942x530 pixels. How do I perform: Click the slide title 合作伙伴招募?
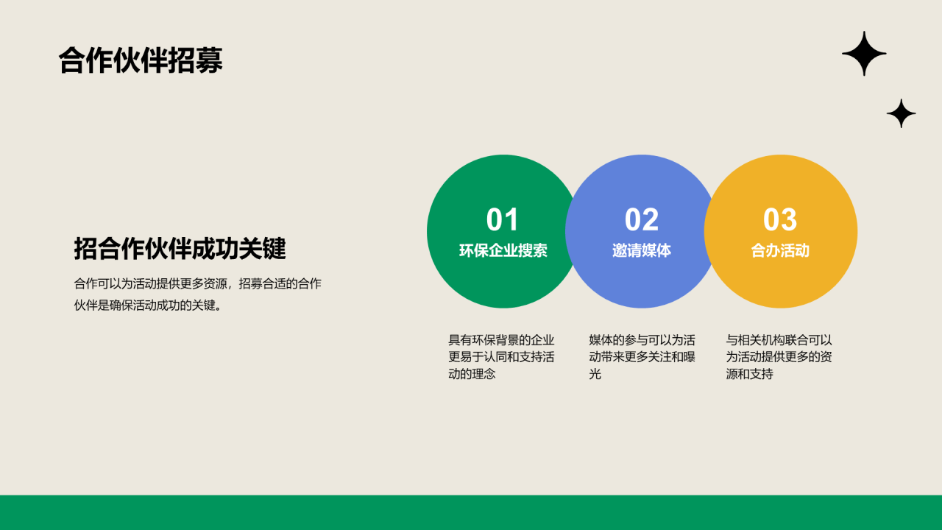pyautogui.click(x=141, y=61)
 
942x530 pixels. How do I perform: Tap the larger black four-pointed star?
pyautogui.click(x=864, y=54)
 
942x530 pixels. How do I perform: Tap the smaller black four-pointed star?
pyautogui.click(x=901, y=113)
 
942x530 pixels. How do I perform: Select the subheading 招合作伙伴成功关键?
pyautogui.click(x=180, y=249)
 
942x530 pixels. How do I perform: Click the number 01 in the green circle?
pyautogui.click(x=503, y=220)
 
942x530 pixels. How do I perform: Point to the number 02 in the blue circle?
pyautogui.click(x=642, y=220)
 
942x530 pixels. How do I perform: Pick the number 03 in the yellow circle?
pyautogui.click(x=780, y=220)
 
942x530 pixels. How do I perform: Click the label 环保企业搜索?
pyautogui.click(x=503, y=250)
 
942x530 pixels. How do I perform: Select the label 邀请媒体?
pyautogui.click(x=642, y=250)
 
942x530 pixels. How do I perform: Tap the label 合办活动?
pyautogui.click(x=780, y=250)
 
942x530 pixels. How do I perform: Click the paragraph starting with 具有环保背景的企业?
pyautogui.click(x=501, y=357)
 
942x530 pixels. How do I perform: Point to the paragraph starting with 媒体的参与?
pyautogui.click(x=642, y=357)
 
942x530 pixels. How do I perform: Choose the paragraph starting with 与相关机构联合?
pyautogui.click(x=779, y=357)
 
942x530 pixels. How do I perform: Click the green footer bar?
pyautogui.click(x=471, y=512)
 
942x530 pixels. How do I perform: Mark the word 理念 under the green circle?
pyautogui.click(x=484, y=374)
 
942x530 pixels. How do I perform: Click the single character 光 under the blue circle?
pyautogui.click(x=595, y=374)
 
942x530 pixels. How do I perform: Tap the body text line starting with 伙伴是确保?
pyautogui.click(x=148, y=305)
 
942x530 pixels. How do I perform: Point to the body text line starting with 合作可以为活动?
pyautogui.click(x=197, y=283)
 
